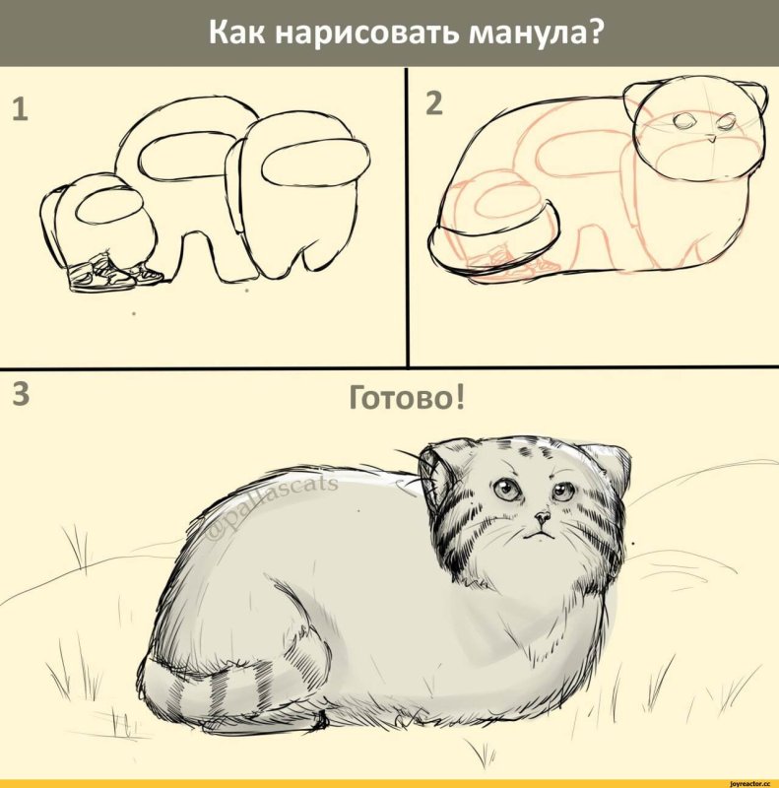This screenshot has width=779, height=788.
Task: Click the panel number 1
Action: click(x=19, y=112)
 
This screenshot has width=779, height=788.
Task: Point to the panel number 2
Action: click(x=434, y=101)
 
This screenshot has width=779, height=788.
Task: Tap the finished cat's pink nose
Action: click(x=542, y=516)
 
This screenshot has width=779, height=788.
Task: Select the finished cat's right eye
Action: click(x=561, y=491)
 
